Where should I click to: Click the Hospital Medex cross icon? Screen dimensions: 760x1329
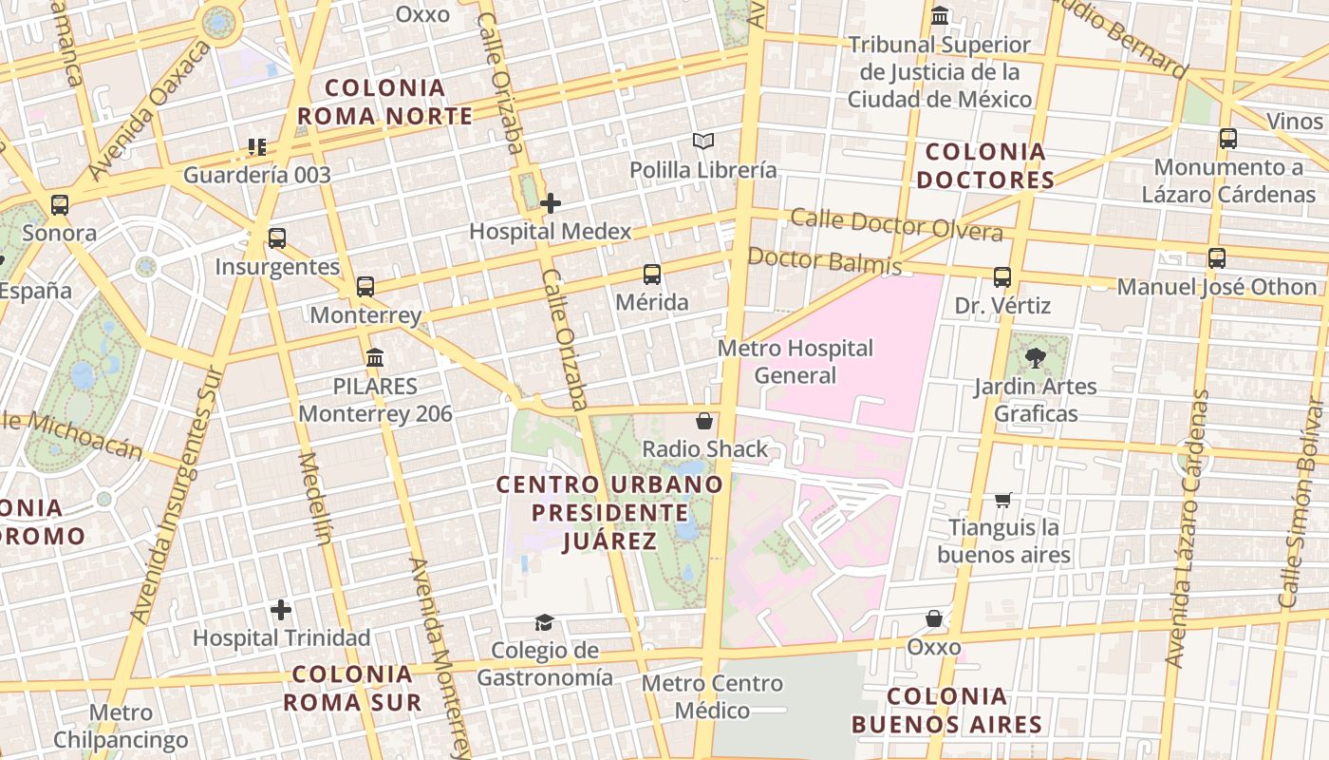pyautogui.click(x=551, y=203)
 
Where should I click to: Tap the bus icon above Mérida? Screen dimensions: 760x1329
pyautogui.click(x=652, y=275)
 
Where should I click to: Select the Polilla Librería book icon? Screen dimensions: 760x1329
pyautogui.click(x=702, y=142)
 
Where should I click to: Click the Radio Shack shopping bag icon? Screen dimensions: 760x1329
pyautogui.click(x=704, y=421)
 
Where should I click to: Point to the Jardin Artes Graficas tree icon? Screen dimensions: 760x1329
pyautogui.click(x=1035, y=358)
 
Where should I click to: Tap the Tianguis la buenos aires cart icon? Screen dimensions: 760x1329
pyautogui.click(x=1003, y=500)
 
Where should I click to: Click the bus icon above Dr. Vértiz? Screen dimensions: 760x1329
pyautogui.click(x=1002, y=277)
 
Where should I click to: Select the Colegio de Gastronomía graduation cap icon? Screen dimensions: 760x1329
pyautogui.click(x=544, y=623)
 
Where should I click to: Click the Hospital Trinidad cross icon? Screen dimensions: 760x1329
pyautogui.click(x=281, y=610)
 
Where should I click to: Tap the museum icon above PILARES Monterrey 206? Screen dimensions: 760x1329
pyautogui.click(x=375, y=358)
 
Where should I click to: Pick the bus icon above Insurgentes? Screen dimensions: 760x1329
pyautogui.click(x=277, y=238)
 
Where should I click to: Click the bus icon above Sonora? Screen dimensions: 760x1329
pyautogui.click(x=60, y=205)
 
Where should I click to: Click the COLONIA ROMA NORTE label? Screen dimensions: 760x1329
pyautogui.click(x=384, y=102)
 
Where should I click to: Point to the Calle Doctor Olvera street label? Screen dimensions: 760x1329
pyautogui.click(x=896, y=225)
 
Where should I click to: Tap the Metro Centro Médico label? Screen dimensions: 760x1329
pyautogui.click(x=712, y=696)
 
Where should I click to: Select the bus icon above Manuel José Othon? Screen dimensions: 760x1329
pyautogui.click(x=1217, y=258)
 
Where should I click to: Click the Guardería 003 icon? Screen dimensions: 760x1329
pyautogui.click(x=257, y=147)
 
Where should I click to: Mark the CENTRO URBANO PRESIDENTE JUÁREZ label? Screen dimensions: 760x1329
pyautogui.click(x=609, y=513)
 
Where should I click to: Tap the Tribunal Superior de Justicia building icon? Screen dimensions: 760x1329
pyautogui.click(x=941, y=16)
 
